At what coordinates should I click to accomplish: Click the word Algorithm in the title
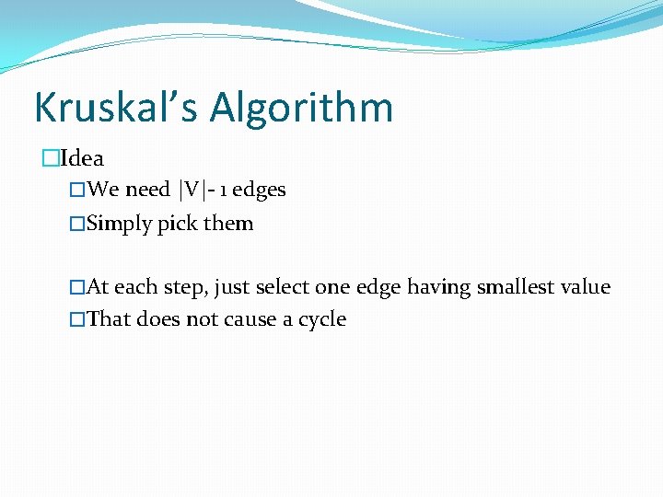tap(302, 108)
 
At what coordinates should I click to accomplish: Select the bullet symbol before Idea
tap(50, 159)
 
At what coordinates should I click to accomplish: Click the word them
tap(228, 224)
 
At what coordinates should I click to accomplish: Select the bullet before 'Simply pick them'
tap(77, 224)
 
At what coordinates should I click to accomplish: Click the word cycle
tap(321, 320)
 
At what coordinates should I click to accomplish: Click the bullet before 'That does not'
tap(77, 320)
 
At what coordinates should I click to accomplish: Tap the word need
tap(147, 190)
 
